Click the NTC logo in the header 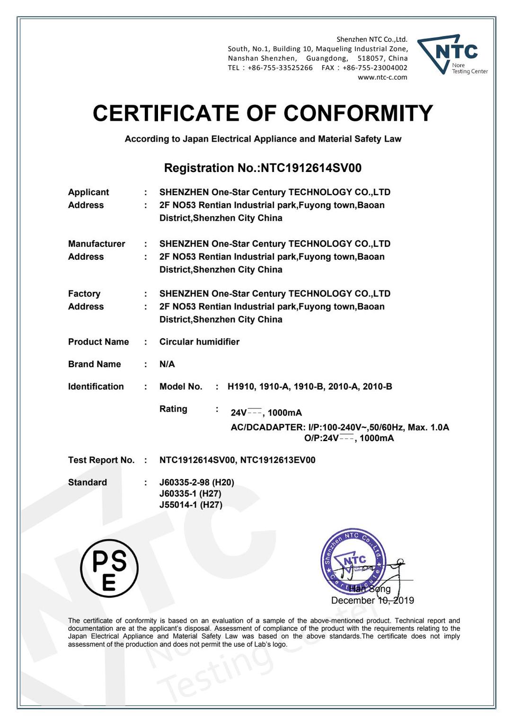pyautogui.click(x=453, y=54)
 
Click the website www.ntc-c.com pyautogui.click(x=382, y=77)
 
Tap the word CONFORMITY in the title pyautogui.click(x=358, y=113)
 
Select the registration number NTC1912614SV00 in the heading pyautogui.click(x=311, y=168)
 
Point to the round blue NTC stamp pyautogui.click(x=353, y=561)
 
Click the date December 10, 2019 pyautogui.click(x=372, y=600)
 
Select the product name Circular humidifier pyautogui.click(x=199, y=342)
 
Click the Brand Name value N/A pyautogui.click(x=167, y=364)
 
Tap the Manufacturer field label pyautogui.click(x=97, y=244)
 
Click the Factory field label pyautogui.click(x=84, y=293)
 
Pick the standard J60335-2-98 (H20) pyautogui.click(x=196, y=482)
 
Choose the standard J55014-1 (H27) pyautogui.click(x=191, y=505)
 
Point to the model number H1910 pyautogui.click(x=241, y=387)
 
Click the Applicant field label pyautogui.click(x=88, y=192)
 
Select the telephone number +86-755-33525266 pyautogui.click(x=280, y=68)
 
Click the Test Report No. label pyautogui.click(x=101, y=460)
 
